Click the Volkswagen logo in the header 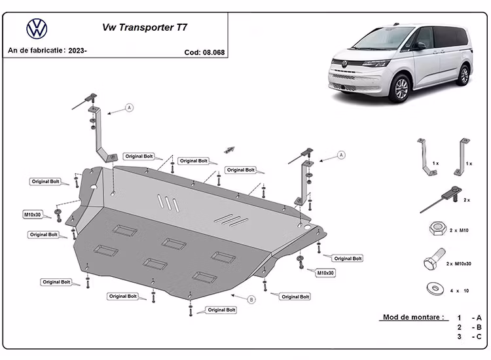36,29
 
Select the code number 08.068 214,52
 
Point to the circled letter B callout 251,300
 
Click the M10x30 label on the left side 33,215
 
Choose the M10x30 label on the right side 325,272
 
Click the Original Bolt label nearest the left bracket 139,156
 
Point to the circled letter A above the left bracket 129,107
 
